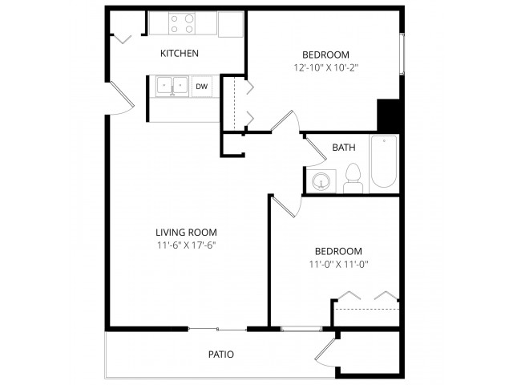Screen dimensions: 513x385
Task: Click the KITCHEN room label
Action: (180, 54)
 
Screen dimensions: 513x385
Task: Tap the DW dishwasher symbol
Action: (201, 87)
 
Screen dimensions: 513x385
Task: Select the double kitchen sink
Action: (172, 87)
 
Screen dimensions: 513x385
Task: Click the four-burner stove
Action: (182, 23)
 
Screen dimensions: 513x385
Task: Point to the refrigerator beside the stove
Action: (231, 25)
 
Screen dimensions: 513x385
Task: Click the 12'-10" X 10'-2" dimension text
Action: (326, 67)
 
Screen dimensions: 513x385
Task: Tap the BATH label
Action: (344, 148)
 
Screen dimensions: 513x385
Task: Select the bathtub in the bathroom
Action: (384, 161)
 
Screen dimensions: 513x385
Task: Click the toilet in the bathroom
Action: (353, 178)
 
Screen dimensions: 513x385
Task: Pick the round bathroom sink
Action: (321, 181)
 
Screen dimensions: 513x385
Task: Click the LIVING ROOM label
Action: (186, 233)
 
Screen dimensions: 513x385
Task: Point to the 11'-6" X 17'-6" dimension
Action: (186, 245)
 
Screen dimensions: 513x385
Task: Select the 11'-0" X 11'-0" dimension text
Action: (338, 264)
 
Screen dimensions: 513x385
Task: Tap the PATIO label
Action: (221, 355)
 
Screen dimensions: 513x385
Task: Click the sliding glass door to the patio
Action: (217, 330)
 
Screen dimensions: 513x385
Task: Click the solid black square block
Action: (388, 115)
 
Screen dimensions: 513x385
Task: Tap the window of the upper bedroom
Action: (402, 54)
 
